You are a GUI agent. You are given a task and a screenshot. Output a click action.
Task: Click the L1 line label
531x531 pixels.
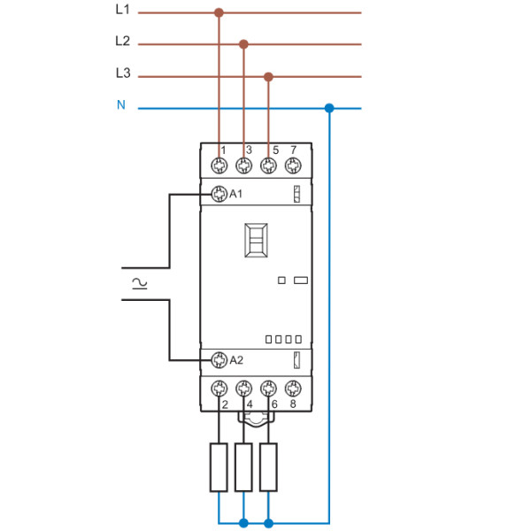[122, 11]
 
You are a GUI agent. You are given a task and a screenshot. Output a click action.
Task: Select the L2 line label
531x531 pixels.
[122, 41]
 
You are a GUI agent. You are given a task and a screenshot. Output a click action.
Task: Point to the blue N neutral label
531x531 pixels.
[121, 105]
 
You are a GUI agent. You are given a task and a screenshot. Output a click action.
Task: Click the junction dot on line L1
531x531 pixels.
[219, 13]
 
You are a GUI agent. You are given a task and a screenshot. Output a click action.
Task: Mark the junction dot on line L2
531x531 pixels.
[244, 43]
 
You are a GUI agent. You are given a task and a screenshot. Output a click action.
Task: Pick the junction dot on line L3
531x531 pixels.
[269, 77]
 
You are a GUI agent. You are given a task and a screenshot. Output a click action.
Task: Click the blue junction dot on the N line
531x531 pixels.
[329, 108]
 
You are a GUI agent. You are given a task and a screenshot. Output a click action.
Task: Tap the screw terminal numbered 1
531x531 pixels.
[219, 165]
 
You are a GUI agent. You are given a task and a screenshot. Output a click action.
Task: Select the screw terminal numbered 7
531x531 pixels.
[293, 165]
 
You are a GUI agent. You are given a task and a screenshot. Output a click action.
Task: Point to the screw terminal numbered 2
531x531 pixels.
[219, 388]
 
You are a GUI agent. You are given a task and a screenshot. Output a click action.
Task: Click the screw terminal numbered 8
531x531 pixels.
[293, 388]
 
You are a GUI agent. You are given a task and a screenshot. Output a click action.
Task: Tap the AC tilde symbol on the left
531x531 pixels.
[139, 283]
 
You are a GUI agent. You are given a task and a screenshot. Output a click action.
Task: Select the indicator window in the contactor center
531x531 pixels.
[257, 240]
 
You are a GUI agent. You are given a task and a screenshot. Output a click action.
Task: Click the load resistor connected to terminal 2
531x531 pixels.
[219, 466]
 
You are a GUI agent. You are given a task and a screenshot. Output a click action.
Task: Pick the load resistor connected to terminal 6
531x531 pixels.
[268, 466]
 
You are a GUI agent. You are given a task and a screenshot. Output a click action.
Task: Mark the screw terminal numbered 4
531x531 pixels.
[244, 388]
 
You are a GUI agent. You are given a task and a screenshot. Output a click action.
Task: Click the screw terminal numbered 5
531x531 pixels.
[269, 165]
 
